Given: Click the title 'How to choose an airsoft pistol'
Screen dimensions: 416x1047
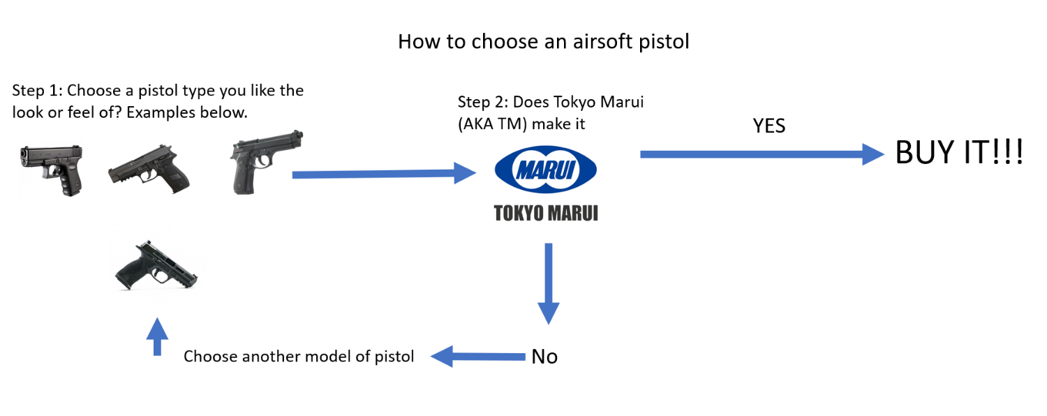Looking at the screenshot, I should [x=543, y=42].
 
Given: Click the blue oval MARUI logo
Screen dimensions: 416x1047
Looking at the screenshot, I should [x=545, y=170].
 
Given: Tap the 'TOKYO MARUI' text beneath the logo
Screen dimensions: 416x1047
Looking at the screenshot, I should [x=546, y=213].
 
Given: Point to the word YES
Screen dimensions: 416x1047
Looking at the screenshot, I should [x=768, y=126].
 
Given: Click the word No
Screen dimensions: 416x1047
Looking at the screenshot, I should [x=544, y=357].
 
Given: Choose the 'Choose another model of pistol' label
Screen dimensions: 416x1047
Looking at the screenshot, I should [x=299, y=357].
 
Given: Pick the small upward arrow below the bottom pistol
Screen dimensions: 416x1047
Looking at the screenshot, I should [x=159, y=336].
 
